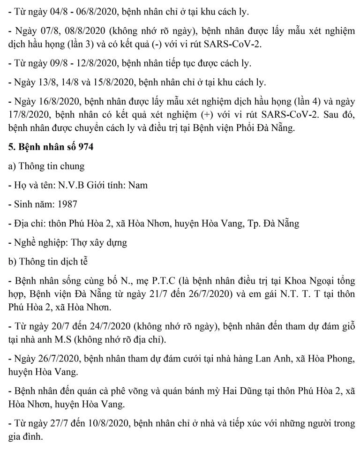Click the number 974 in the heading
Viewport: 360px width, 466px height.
coord(86,147)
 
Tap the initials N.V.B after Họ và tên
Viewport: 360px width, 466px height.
coord(71,185)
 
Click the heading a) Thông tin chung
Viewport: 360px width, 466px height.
coord(46,166)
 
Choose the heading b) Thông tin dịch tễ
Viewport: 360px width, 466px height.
coord(48,262)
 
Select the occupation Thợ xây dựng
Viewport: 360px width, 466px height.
coord(100,242)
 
